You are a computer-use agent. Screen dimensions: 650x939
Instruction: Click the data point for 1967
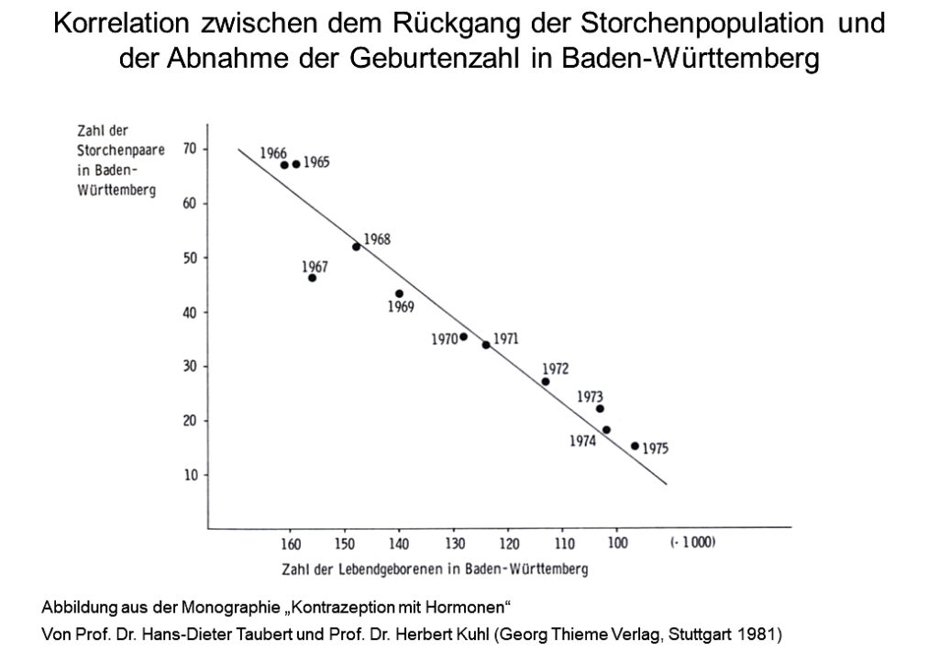click(x=312, y=278)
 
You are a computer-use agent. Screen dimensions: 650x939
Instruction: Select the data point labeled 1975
click(x=635, y=446)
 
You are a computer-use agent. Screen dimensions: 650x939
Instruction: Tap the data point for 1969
click(x=399, y=294)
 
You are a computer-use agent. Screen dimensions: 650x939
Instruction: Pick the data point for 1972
click(x=546, y=381)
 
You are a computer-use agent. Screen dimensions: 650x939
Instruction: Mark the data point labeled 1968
click(x=356, y=247)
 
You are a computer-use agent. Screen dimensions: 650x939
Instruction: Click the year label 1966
click(x=273, y=153)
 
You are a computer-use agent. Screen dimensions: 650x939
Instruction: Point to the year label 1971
click(x=506, y=338)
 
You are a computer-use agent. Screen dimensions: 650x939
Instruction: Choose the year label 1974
click(x=582, y=441)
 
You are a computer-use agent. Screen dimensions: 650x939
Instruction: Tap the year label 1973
click(x=590, y=396)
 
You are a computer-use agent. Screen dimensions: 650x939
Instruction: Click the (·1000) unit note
click(x=692, y=542)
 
